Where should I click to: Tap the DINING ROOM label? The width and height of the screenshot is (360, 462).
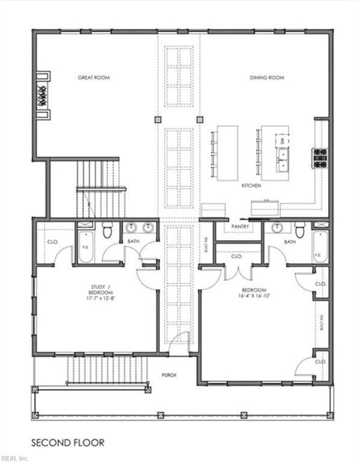tap(267, 78)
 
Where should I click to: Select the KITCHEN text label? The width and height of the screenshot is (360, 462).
tap(251, 186)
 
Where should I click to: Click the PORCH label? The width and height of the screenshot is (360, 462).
tap(169, 375)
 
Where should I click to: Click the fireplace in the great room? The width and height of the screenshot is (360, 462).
tap(43, 96)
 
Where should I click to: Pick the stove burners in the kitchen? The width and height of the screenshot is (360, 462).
tap(319, 158)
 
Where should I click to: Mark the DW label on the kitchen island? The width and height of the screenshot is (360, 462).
tap(282, 141)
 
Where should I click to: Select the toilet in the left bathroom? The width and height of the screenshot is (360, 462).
tap(108, 230)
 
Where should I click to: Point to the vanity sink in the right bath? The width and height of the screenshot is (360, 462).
tap(277, 227)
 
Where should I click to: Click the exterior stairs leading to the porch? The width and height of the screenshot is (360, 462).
tap(107, 369)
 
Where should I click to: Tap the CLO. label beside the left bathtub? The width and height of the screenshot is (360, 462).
tap(52, 242)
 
